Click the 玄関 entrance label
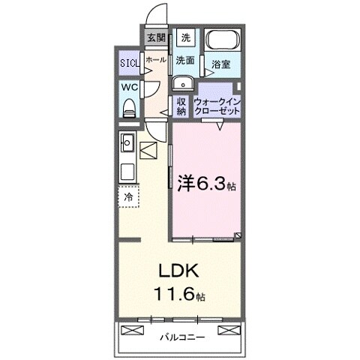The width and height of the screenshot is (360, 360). [x=155, y=37]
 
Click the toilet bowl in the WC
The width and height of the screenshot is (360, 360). [x=128, y=106]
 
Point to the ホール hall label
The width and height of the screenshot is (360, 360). [x=156, y=59]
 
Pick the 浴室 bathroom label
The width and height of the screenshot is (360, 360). [x=220, y=65]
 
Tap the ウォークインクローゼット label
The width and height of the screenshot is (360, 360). [x=217, y=106]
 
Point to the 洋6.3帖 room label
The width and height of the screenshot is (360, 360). [x=206, y=182]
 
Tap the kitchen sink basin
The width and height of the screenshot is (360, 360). [x=127, y=140]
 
